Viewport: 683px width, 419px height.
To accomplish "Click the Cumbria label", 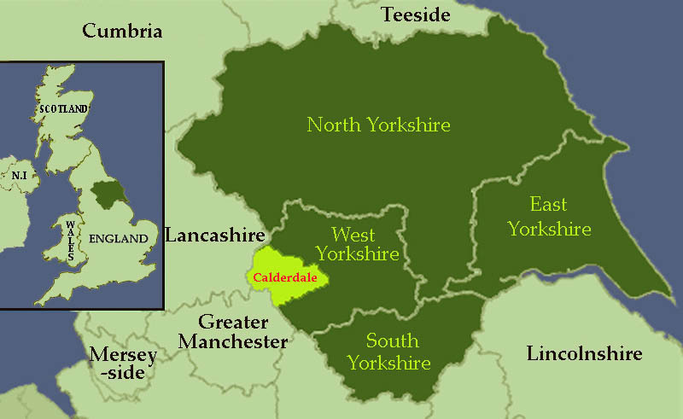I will point(122,32).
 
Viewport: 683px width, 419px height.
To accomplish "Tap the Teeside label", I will point(415,15).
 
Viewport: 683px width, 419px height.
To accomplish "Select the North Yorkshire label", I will point(378,125).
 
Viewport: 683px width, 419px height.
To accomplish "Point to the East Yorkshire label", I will point(548,217).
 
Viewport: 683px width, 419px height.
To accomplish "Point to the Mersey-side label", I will point(124,363).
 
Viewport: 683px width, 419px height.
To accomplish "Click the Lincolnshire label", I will point(584,352).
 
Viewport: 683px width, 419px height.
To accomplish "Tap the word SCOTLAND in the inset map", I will point(63,109).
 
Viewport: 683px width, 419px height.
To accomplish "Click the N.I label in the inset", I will point(18,175).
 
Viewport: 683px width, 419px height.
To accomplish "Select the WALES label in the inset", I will point(69,240).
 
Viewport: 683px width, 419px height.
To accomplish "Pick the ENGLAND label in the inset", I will point(122,239).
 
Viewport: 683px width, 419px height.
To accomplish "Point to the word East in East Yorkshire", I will point(548,205).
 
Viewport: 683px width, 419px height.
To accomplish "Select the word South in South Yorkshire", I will point(392,341).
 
